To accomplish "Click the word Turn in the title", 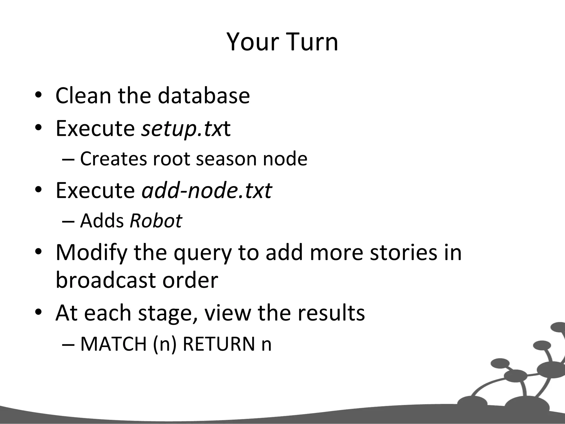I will click(309, 42).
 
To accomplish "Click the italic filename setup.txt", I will click(185, 129).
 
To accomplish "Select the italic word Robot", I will click(156, 221).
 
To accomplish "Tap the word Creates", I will click(113, 159).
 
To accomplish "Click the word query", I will click(202, 253).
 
